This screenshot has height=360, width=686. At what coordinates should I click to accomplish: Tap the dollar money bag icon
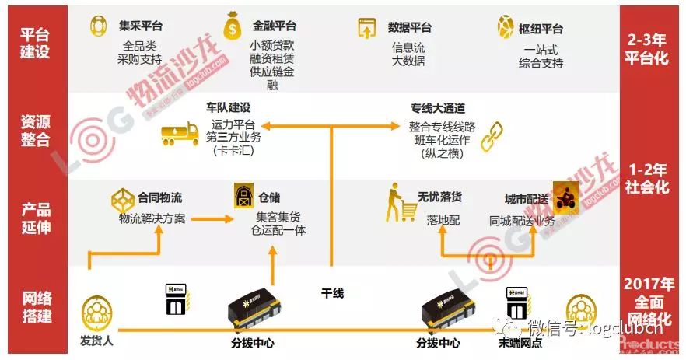pos(233,26)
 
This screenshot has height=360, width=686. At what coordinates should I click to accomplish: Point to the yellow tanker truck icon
pos(180,133)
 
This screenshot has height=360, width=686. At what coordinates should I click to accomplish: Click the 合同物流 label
pos(160,197)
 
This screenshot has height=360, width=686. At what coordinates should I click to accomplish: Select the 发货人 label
pos(98,342)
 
